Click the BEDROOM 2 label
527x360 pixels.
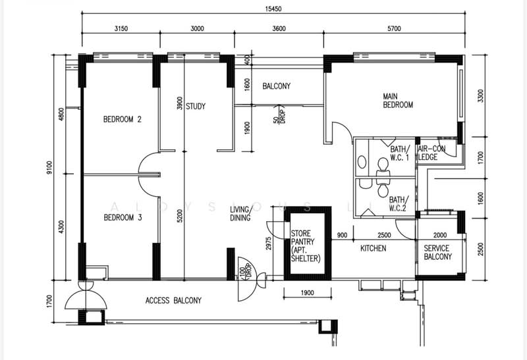[123, 120]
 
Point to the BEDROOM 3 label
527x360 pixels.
[123, 218]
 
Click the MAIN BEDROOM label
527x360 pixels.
[398, 101]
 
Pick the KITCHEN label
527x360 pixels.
[373, 248]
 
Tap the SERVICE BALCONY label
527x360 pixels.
[437, 252]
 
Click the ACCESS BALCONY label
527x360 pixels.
[173, 301]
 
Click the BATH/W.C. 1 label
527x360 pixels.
[400, 153]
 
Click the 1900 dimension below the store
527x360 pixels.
[306, 292]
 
